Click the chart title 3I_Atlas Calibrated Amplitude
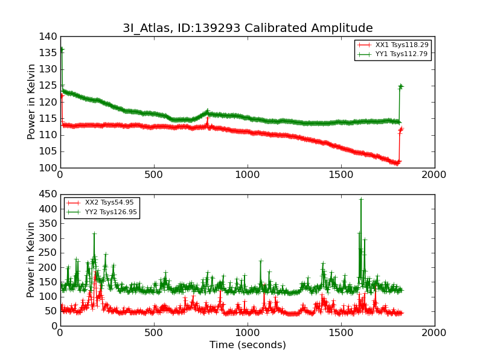click(248, 28)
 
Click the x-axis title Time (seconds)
click(248, 345)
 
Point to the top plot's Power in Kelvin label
click(31, 102)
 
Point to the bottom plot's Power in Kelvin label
click(31, 260)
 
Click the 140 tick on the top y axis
click(50, 37)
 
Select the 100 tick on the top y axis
click(50, 168)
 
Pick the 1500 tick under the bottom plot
click(341, 332)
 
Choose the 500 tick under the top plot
click(154, 174)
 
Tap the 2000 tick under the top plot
click(435, 174)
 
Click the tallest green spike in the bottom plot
click(361, 199)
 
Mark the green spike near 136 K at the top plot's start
click(61, 49)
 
